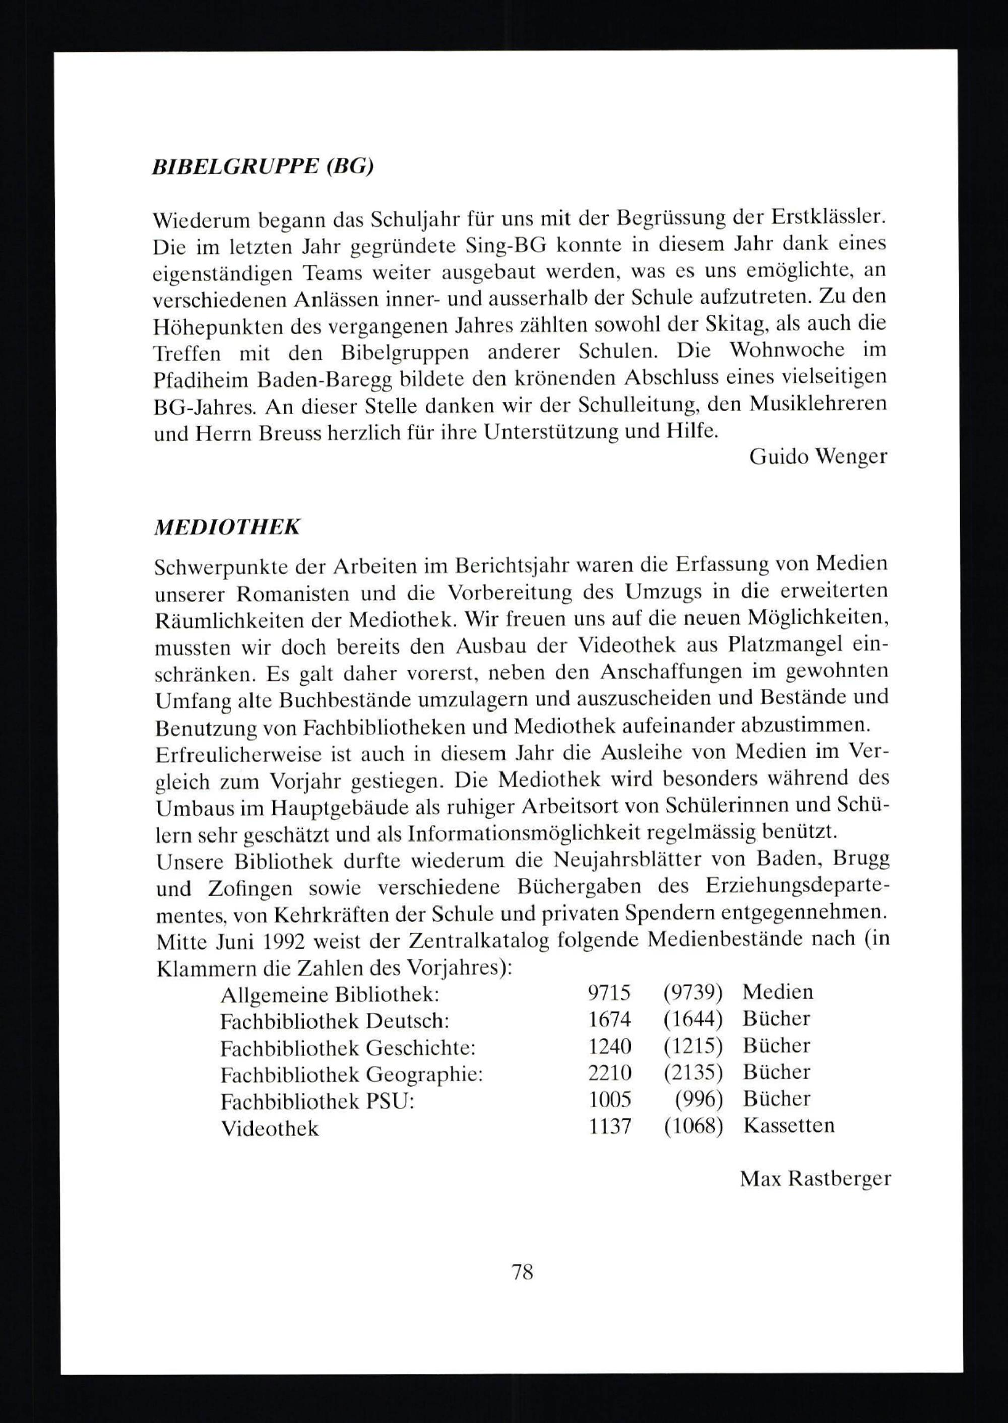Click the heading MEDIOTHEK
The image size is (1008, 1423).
pyautogui.click(x=227, y=527)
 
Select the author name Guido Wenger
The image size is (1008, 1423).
pyautogui.click(x=818, y=458)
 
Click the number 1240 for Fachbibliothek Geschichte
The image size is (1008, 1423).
pyautogui.click(x=609, y=1047)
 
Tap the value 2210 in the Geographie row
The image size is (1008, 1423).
pyautogui.click(x=609, y=1074)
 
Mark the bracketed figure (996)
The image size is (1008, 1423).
pyautogui.click(x=699, y=1101)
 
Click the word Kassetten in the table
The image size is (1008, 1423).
pyautogui.click(x=788, y=1126)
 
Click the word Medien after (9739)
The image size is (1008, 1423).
pyautogui.click(x=777, y=992)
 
